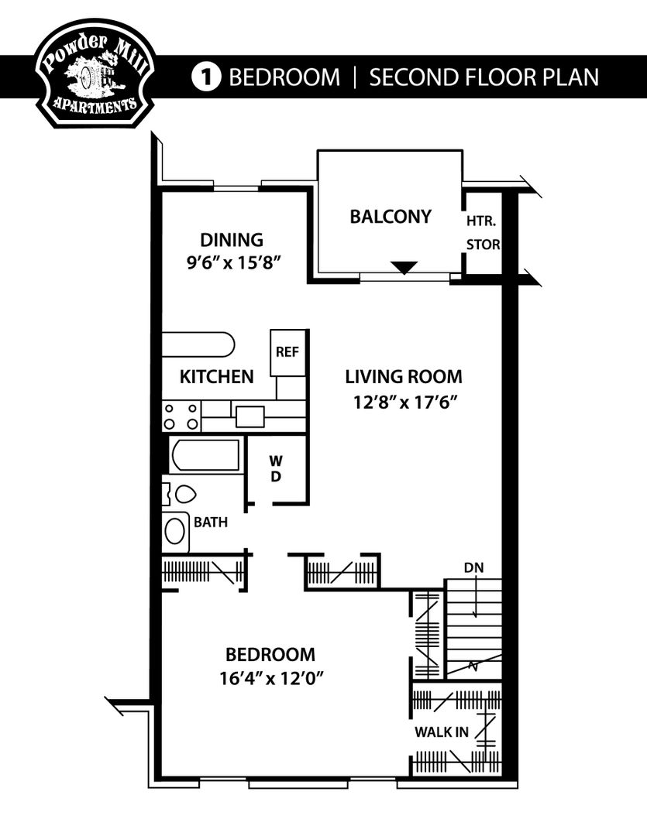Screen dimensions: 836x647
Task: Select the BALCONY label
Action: [x=390, y=217]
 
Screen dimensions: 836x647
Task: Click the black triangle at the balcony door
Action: [x=404, y=268]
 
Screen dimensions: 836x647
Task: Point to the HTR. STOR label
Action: [x=482, y=233]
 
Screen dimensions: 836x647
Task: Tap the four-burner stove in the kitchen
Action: [x=180, y=416]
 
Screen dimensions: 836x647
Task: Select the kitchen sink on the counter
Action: [x=250, y=416]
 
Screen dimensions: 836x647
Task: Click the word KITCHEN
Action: [x=216, y=377]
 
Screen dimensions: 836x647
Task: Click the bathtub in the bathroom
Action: [x=205, y=455]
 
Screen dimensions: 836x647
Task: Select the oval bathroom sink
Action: [x=176, y=532]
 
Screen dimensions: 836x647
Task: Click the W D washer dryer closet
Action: [x=276, y=469]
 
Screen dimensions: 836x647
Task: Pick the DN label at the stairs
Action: [x=473, y=568]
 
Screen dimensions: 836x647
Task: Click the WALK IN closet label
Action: [x=440, y=731]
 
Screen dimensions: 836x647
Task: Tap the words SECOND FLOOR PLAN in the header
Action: [x=484, y=77]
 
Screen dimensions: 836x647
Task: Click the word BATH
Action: [x=211, y=522]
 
